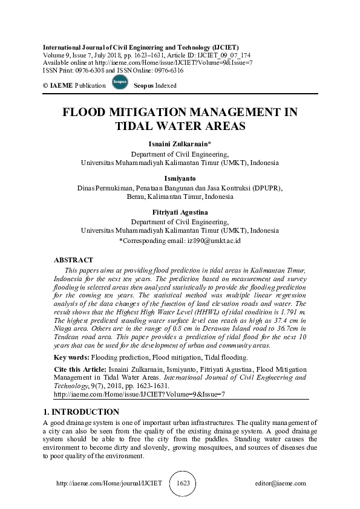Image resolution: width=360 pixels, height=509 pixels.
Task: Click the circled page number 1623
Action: (183, 484)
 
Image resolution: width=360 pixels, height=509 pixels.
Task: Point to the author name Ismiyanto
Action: (179, 179)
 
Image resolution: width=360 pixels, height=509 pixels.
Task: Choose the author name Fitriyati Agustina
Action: (179, 213)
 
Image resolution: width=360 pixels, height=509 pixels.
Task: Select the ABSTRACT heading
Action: (73, 259)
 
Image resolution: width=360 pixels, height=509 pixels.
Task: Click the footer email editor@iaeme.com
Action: (281, 484)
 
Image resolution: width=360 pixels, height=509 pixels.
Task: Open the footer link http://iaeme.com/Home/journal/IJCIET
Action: (109, 484)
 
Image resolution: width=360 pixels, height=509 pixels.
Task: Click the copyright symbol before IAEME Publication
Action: (45, 86)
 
